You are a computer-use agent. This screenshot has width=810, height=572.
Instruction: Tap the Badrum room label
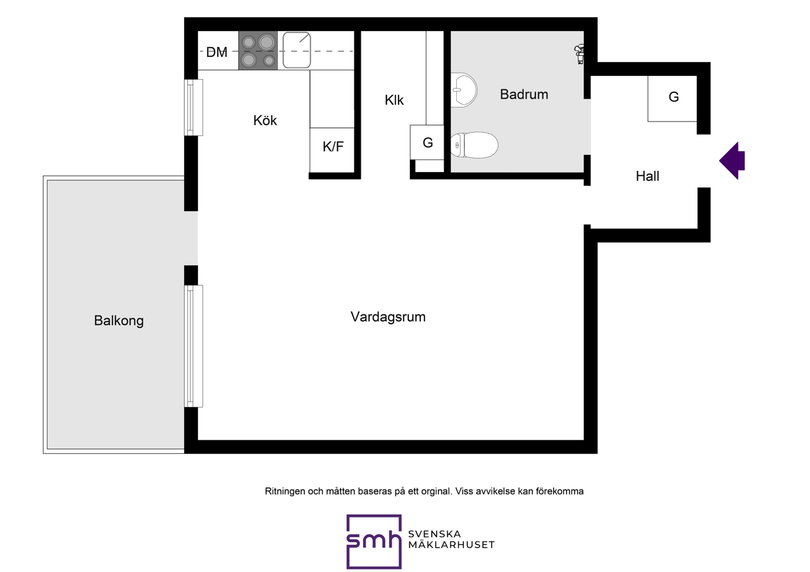(524, 94)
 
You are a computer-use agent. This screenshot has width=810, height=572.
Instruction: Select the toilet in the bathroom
(474, 145)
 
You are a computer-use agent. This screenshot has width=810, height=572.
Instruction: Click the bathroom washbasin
(464, 90)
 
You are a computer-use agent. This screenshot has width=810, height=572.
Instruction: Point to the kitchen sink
(297, 50)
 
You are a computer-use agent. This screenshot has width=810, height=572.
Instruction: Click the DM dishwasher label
(216, 52)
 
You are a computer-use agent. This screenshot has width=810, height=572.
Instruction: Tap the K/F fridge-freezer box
(332, 150)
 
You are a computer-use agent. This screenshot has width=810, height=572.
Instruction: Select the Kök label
(265, 120)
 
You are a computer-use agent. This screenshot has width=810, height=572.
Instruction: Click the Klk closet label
(394, 100)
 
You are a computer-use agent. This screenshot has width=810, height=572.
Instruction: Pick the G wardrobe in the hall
(672, 98)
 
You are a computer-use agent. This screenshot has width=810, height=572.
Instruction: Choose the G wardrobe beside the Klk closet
(427, 142)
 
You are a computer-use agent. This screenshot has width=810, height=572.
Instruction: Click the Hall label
(647, 176)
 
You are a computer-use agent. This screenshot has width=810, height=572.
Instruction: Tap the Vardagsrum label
(388, 317)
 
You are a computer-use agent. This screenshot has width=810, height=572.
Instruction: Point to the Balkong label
(118, 321)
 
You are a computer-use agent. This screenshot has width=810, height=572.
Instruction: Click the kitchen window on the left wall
(194, 108)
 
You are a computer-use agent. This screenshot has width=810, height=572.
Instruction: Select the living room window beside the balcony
(194, 346)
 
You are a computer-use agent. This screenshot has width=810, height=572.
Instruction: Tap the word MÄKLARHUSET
(451, 545)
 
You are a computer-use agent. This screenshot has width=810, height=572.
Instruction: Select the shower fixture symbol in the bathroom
(579, 54)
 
